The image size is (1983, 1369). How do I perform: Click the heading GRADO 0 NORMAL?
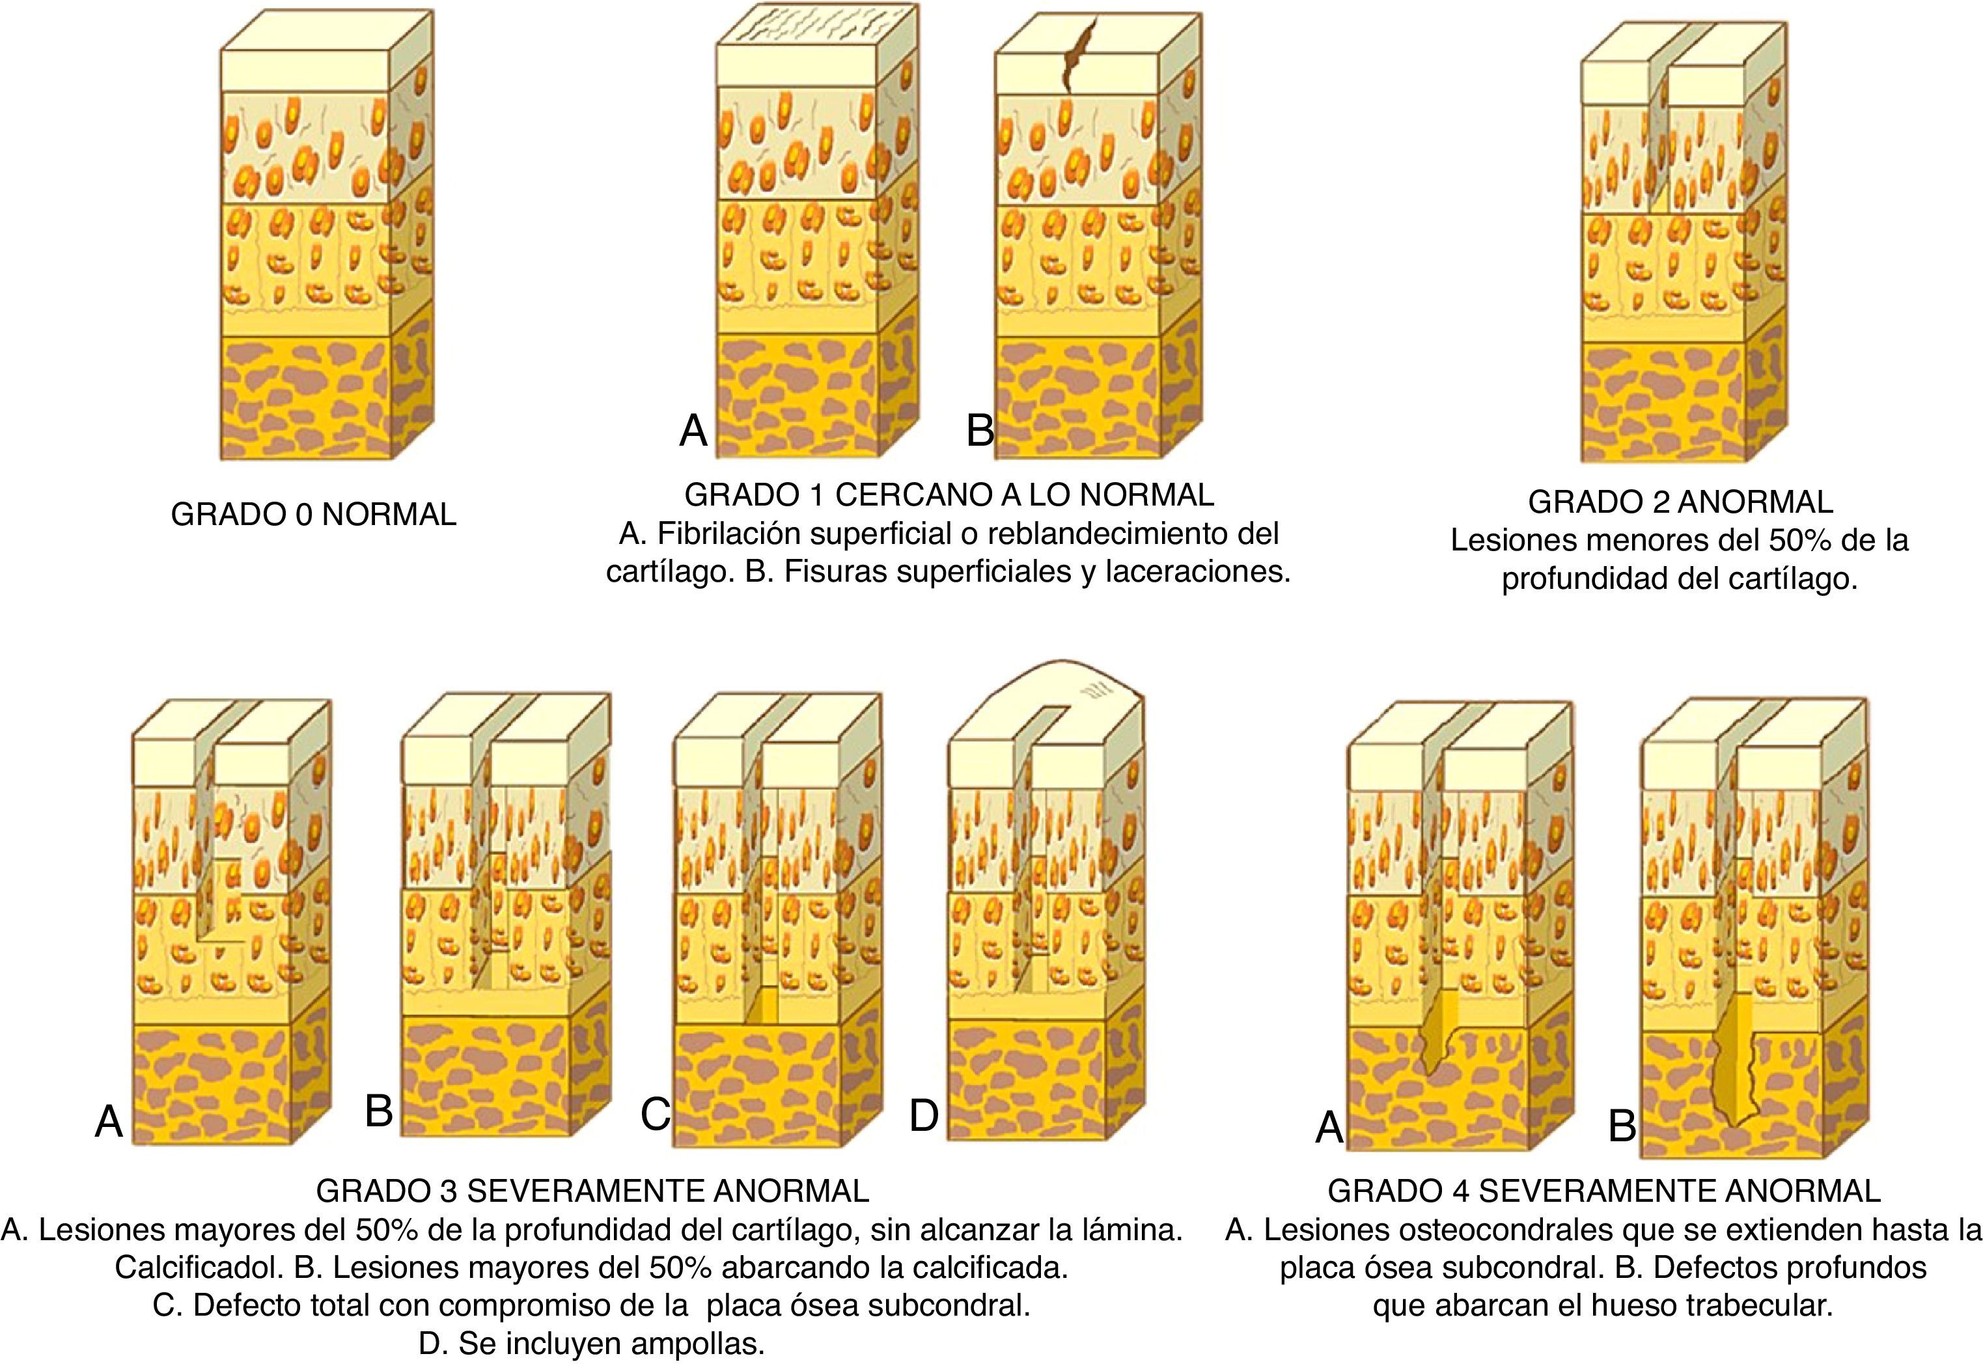click(x=313, y=515)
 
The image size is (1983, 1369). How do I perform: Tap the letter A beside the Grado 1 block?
click(x=693, y=431)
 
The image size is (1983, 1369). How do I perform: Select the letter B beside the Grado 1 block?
click(x=979, y=431)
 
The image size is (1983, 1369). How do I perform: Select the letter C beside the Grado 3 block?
click(x=655, y=1114)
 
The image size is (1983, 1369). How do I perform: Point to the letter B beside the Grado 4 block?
click(x=1622, y=1126)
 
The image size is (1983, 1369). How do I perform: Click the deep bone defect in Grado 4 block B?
click(x=1735, y=1081)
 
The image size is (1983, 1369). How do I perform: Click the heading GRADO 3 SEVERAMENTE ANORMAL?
click(x=592, y=1191)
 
